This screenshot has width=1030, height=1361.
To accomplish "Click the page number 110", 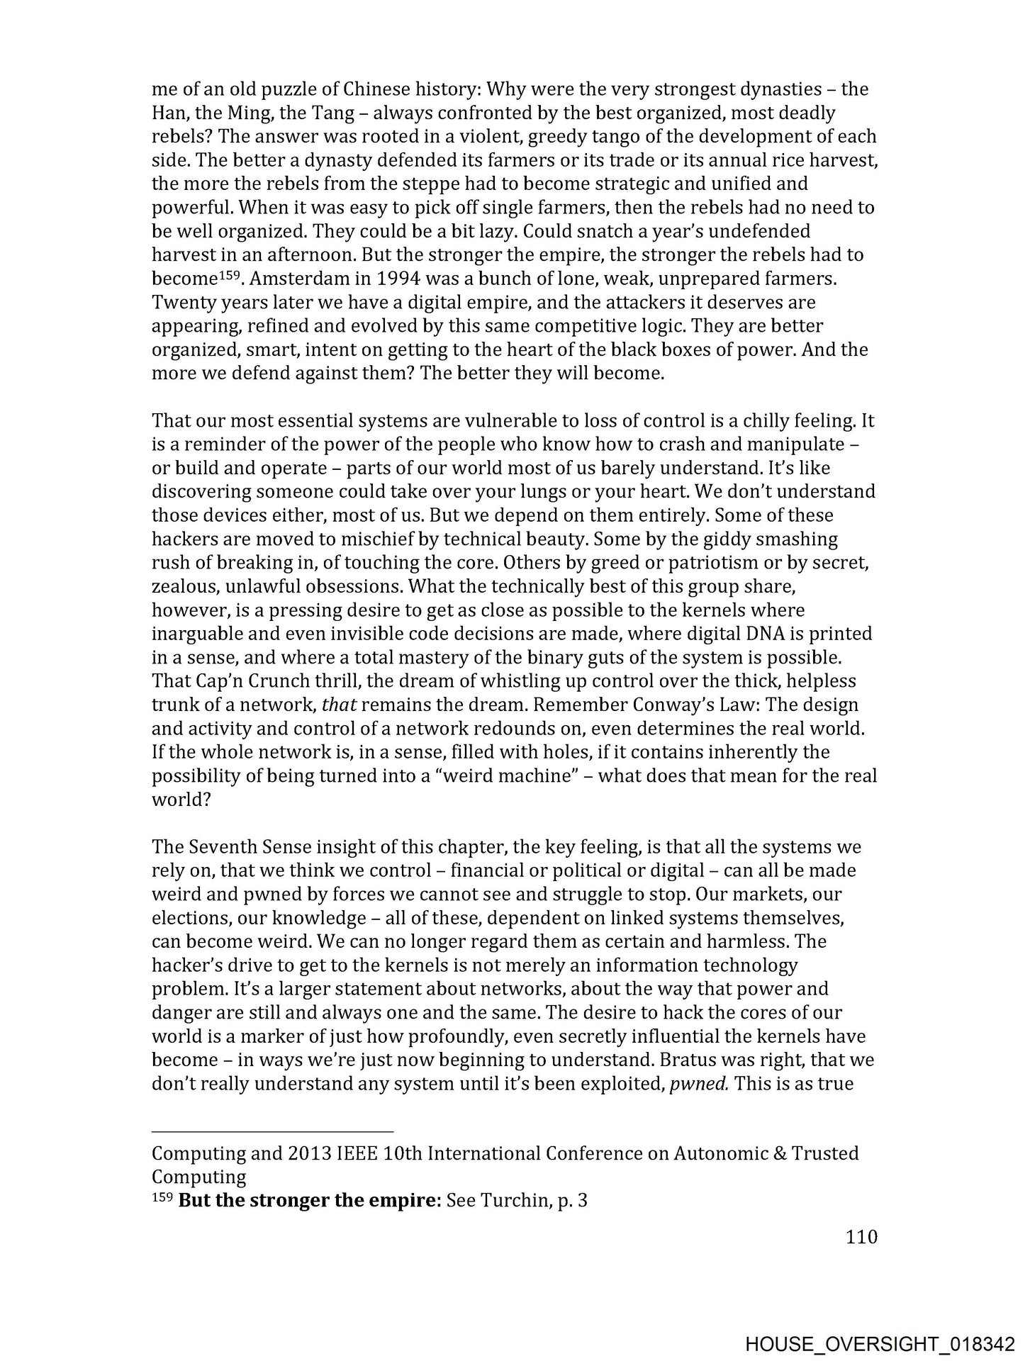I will (x=861, y=1237).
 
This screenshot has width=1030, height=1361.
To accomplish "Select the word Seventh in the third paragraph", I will (x=223, y=846).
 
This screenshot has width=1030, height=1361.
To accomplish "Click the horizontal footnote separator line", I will (x=272, y=1131).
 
